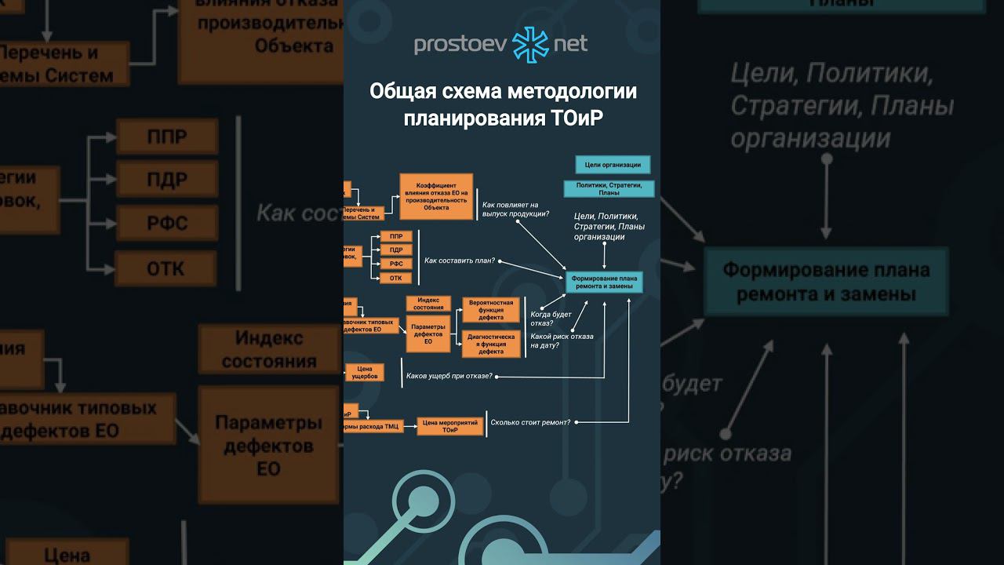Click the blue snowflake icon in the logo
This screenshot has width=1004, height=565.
point(531,44)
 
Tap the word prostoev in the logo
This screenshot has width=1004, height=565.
point(460,44)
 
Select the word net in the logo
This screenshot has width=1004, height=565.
point(570,44)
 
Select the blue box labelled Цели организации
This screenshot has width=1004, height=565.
point(613,165)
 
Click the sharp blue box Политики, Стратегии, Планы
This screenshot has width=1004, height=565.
point(609,188)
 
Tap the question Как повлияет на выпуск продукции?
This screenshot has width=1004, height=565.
point(515,209)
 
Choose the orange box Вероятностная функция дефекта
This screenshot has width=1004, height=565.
point(491,310)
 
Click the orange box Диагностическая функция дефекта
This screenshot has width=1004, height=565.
point(491,344)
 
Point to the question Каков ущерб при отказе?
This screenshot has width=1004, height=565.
point(449,376)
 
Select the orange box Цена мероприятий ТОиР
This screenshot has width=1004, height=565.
point(449,426)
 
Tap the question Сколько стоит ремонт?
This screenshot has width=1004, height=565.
point(530,422)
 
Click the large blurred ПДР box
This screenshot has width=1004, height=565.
point(167,180)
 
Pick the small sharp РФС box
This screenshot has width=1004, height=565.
point(396,264)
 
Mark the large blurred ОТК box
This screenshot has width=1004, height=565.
point(166,268)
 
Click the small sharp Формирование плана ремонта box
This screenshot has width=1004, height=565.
point(604,282)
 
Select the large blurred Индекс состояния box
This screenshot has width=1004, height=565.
point(268,349)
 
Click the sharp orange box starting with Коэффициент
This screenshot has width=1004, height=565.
point(436,196)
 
